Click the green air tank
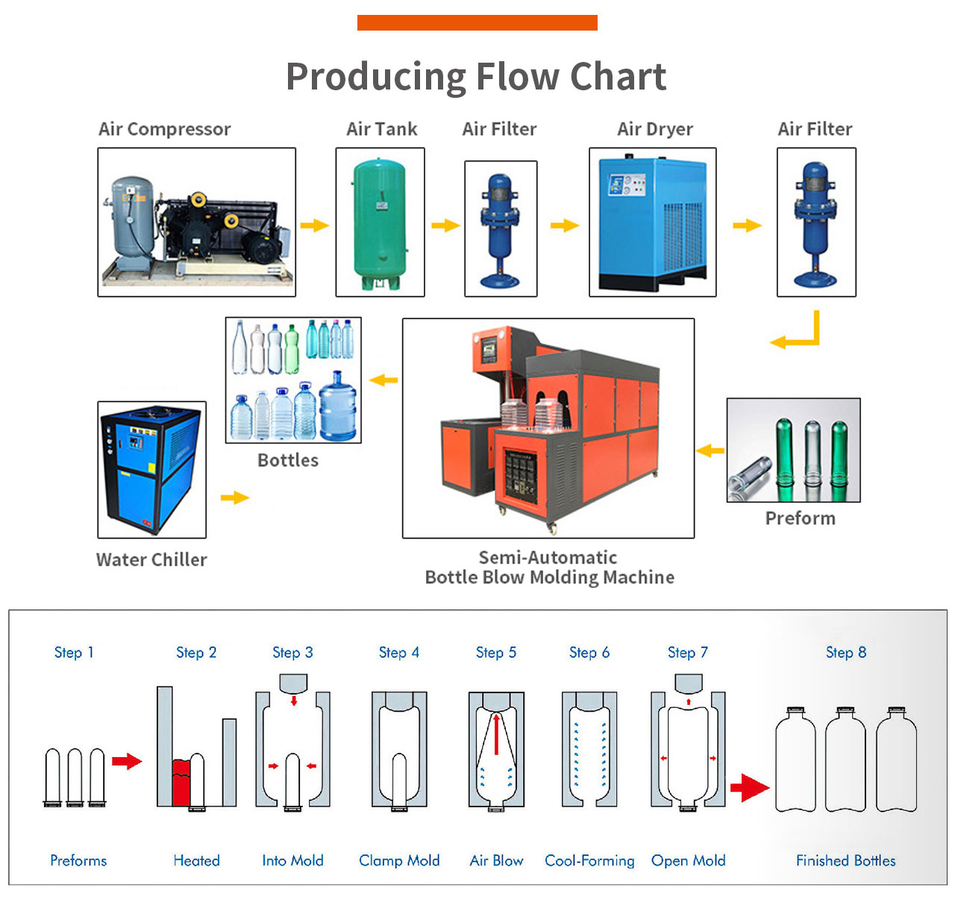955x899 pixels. pyautogui.click(x=380, y=222)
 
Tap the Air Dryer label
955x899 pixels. pyautogui.click(x=655, y=129)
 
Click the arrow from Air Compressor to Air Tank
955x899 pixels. pyautogui.click(x=315, y=225)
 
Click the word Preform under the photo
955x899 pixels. pyautogui.click(x=800, y=519)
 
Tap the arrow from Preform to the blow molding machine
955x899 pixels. pyautogui.click(x=710, y=451)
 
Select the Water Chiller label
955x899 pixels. pyautogui.click(x=151, y=560)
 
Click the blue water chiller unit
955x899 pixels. pyautogui.click(x=151, y=469)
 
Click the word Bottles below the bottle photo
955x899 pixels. pyautogui.click(x=288, y=460)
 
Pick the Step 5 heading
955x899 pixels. pyautogui.click(x=496, y=653)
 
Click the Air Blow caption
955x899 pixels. pyautogui.click(x=496, y=861)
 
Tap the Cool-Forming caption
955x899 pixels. pyautogui.click(x=589, y=861)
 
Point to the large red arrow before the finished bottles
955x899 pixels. pyautogui.click(x=749, y=787)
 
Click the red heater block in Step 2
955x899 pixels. pyautogui.click(x=181, y=783)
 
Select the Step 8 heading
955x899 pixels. pyautogui.click(x=846, y=653)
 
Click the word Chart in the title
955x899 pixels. pyautogui.click(x=618, y=77)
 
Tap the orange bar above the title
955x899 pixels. pyautogui.click(x=477, y=23)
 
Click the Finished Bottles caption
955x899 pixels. pyautogui.click(x=845, y=861)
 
